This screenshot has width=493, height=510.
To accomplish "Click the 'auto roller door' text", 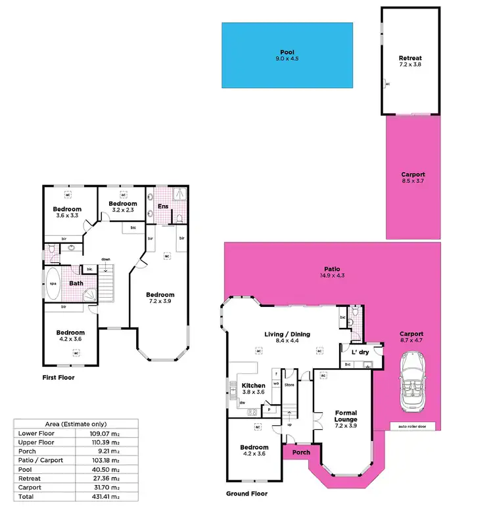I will (413, 425).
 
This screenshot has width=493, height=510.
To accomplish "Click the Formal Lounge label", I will (345, 417).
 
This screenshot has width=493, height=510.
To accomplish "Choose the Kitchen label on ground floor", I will (253, 386).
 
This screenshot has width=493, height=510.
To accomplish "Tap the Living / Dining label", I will (288, 335).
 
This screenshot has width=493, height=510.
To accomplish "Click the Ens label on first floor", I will (163, 206).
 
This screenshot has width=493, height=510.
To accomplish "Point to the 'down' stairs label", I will (106, 260).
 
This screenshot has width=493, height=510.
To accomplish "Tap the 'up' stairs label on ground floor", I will (290, 425).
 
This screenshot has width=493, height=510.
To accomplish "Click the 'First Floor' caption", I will (59, 378).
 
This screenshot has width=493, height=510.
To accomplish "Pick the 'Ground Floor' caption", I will (246, 494).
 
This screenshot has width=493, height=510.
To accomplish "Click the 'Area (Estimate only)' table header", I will (75, 424).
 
